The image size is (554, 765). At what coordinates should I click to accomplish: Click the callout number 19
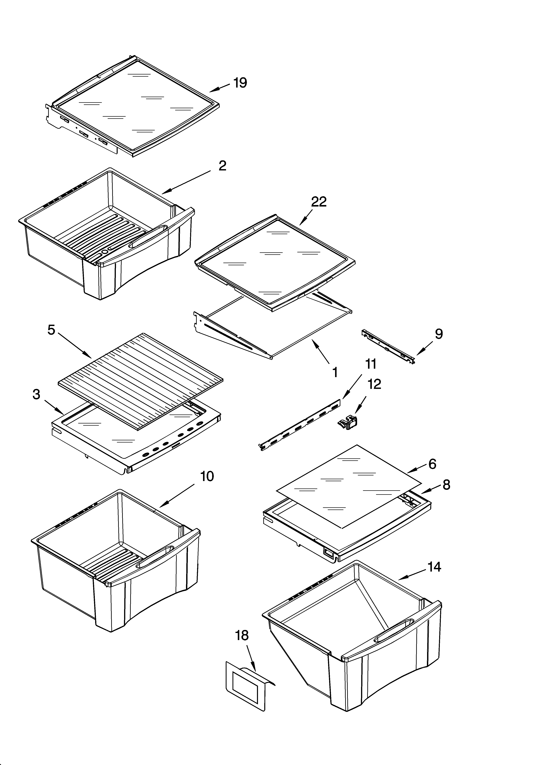(x=240, y=83)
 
